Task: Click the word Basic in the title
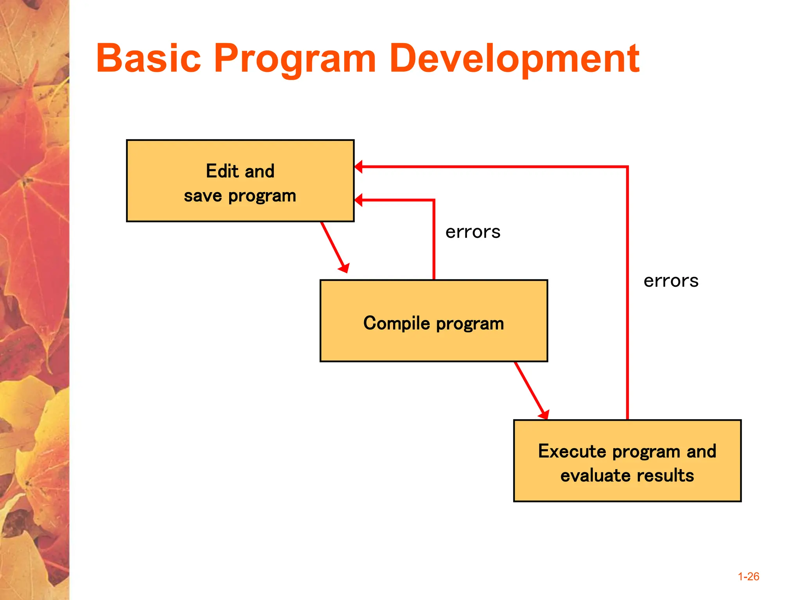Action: pos(149,59)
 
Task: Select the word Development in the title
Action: pos(515,59)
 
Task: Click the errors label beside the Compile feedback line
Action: pos(473,232)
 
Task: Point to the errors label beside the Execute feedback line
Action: pos(671,281)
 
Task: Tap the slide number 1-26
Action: pos(748,577)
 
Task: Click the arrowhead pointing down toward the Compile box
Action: pos(344,268)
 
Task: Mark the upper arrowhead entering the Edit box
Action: pos(358,167)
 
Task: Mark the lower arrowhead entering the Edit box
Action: pos(358,200)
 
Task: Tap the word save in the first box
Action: pos(203,196)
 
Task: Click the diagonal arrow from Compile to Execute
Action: pos(529,388)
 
